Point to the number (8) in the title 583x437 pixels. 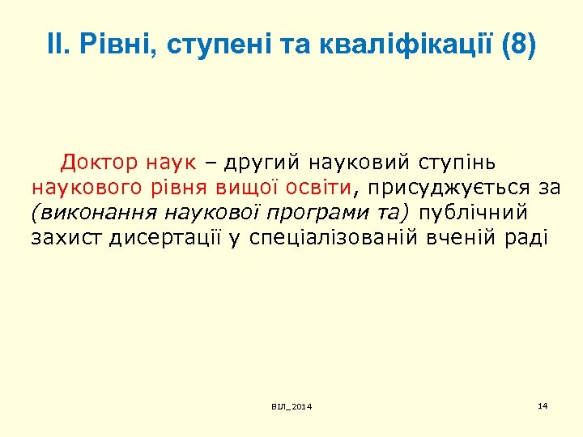(x=518, y=45)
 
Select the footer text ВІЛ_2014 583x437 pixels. (x=291, y=405)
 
